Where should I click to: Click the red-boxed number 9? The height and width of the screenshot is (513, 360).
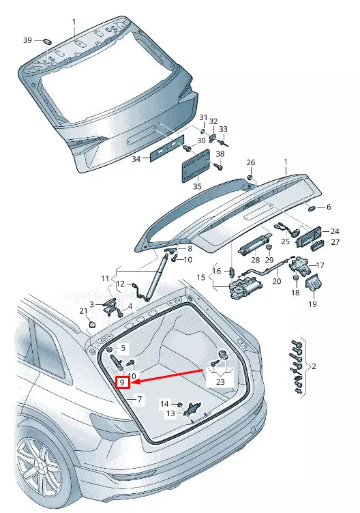(123, 383)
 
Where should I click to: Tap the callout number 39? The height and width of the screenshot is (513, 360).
(28, 41)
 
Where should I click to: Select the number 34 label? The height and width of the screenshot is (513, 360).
(136, 159)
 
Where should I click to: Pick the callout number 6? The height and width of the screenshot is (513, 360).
(329, 207)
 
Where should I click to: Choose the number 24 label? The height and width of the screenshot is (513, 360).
(334, 231)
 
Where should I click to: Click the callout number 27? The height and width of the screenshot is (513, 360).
(335, 242)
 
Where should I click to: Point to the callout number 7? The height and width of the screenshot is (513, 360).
(139, 398)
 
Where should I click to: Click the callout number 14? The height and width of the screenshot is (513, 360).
(164, 404)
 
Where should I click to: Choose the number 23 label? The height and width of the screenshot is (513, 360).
(220, 383)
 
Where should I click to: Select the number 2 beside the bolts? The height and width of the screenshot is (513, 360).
(314, 366)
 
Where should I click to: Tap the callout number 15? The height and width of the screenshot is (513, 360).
(200, 277)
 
